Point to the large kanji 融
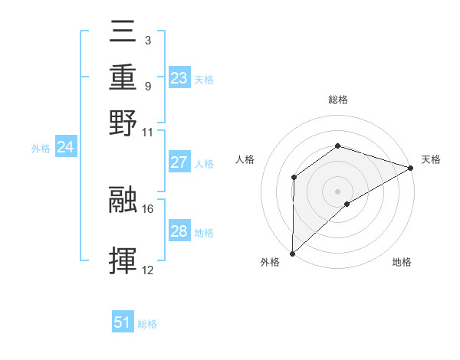click(125, 198)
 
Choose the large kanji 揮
click(125, 261)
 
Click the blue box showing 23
click(179, 77)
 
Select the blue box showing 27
click(179, 162)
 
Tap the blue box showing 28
click(179, 231)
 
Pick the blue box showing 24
click(65, 147)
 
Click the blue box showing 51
click(123, 322)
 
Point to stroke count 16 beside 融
click(148, 208)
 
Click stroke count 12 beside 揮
click(148, 270)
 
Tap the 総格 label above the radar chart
click(337, 100)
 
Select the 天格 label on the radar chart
click(431, 159)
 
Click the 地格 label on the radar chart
click(402, 263)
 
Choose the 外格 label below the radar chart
click(270, 263)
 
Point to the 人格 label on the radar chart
click(245, 159)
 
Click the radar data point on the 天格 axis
click(410, 168)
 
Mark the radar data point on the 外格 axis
click(292, 253)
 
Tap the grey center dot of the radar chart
click(337, 191)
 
